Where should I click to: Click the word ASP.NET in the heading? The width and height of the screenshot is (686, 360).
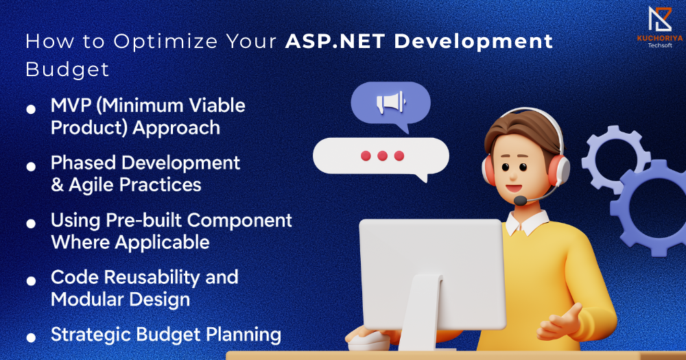point(335,41)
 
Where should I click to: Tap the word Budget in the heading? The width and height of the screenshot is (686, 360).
point(67,69)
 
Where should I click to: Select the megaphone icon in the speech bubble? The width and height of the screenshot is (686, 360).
point(391,103)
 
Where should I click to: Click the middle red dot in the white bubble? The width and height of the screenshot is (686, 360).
point(382,156)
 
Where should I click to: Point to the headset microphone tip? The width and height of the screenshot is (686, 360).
point(520,201)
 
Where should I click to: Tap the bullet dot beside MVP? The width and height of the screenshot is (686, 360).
point(31,109)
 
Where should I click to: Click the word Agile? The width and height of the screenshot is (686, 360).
point(92,185)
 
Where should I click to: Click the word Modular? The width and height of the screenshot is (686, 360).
point(87,300)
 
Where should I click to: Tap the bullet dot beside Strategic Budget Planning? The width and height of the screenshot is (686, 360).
point(31,337)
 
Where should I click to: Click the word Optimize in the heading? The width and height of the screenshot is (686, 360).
point(165,42)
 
